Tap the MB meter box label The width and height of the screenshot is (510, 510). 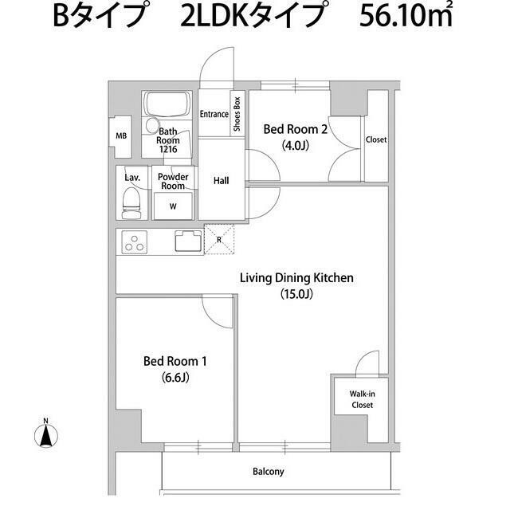[121, 136]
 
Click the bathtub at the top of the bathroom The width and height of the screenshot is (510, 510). [166, 104]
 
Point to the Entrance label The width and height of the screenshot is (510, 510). [214, 114]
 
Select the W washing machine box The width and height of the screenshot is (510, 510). [173, 206]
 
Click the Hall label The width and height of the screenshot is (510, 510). [222, 181]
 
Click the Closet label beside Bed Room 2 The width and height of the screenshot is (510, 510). [376, 139]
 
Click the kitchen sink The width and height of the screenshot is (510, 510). [188, 240]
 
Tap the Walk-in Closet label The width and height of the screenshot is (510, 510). [362, 398]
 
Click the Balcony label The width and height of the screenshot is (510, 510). [269, 472]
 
